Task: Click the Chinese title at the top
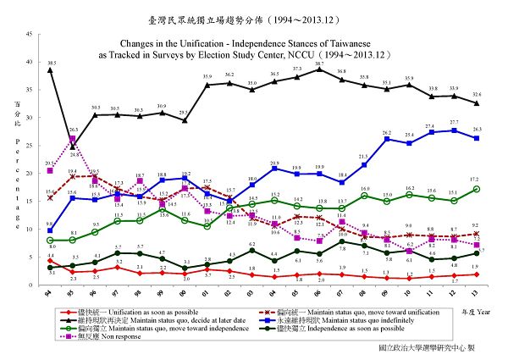click(x=255, y=14)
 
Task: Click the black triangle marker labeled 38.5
click(x=50, y=70)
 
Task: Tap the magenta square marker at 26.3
click(x=73, y=139)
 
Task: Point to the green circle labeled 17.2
click(x=478, y=189)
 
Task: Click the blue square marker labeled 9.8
click(x=50, y=230)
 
